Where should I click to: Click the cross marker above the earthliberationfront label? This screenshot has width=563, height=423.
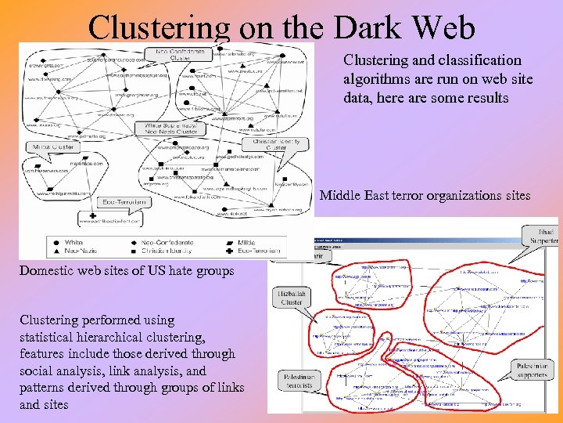click(94, 215)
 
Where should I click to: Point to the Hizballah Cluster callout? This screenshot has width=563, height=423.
click(292, 298)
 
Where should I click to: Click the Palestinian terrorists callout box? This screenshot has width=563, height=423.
click(299, 381)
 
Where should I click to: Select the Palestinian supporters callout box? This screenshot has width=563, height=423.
click(533, 370)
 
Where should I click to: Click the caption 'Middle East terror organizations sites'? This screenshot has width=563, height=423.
click(425, 196)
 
